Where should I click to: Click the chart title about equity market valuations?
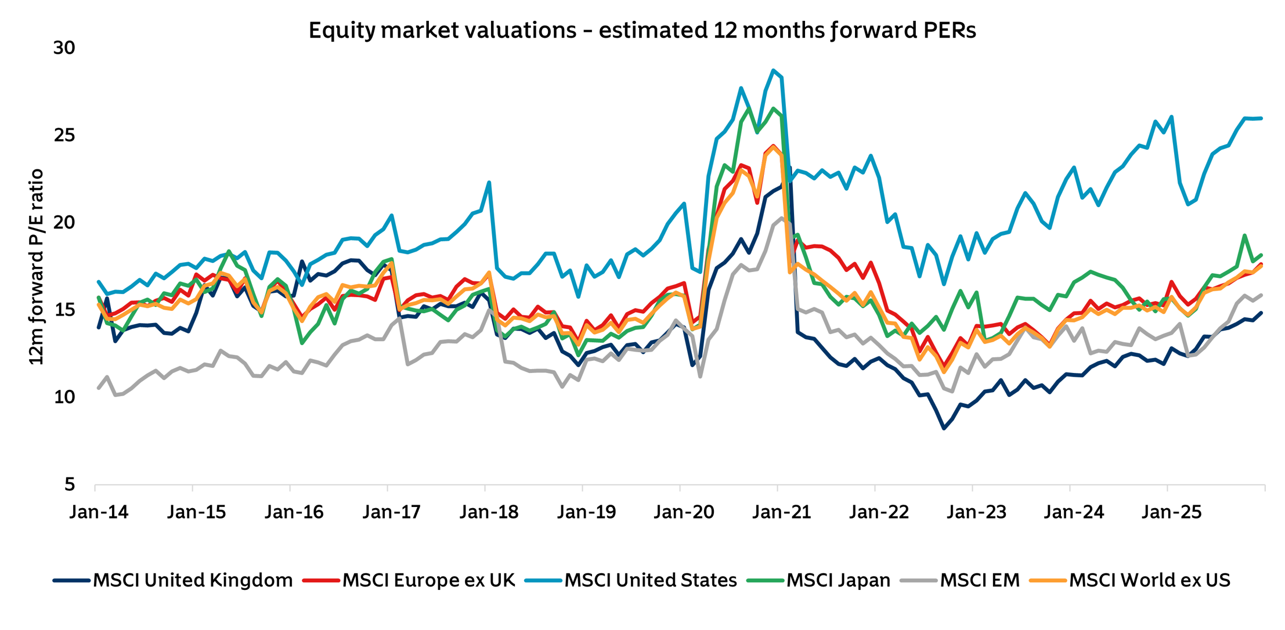642,30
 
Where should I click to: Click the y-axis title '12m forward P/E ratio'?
36,267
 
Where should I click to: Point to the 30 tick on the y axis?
64,48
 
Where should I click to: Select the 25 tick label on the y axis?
64,135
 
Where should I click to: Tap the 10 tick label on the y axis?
64,397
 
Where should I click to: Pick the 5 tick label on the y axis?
70,484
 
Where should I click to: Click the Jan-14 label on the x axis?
99,512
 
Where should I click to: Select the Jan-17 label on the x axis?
392,512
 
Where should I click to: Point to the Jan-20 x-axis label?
684,512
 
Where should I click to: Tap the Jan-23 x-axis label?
976,512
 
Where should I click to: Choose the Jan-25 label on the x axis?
1171,512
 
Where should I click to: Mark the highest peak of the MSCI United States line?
773,70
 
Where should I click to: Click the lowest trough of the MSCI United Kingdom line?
944,428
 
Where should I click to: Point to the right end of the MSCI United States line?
1261,118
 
